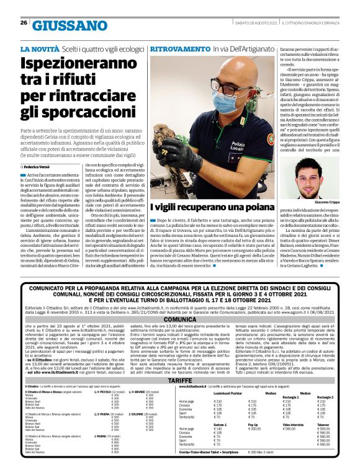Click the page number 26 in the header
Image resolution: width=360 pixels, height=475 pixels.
click(24, 23)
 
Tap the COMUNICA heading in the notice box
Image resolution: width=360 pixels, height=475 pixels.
click(179, 320)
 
